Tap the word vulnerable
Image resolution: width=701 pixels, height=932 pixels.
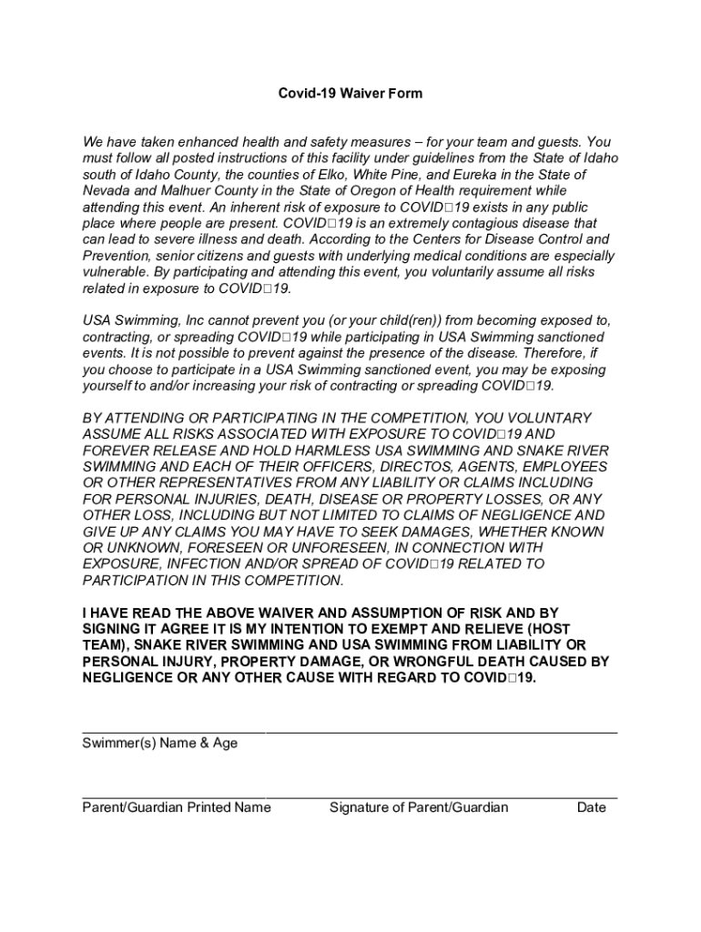(117, 273)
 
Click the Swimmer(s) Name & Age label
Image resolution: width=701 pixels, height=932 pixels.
(160, 744)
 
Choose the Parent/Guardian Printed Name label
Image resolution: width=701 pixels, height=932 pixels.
(177, 807)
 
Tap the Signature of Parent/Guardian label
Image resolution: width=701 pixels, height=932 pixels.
(419, 807)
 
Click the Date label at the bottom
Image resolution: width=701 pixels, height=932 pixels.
(591, 807)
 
